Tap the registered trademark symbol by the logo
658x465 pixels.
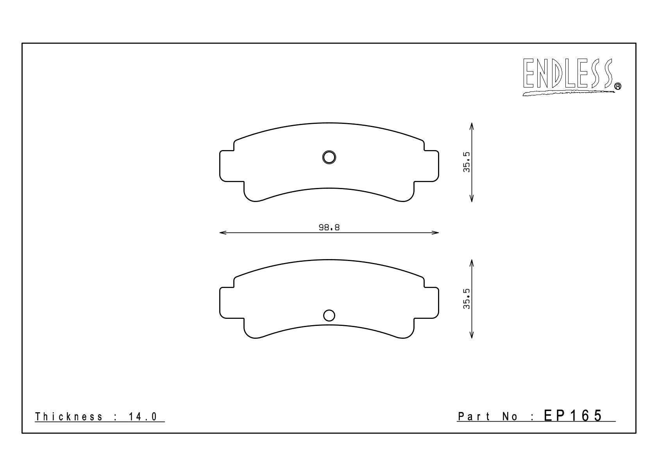tap(618, 86)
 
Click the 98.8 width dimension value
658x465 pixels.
tap(329, 227)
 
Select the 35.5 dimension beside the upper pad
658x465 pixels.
tap(467, 162)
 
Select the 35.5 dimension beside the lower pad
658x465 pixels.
tap(467, 299)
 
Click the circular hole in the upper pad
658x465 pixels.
tap(329, 157)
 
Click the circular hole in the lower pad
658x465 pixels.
tap(329, 315)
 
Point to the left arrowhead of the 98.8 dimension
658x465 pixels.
tap(223, 232)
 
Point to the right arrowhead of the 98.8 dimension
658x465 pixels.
tap(435, 232)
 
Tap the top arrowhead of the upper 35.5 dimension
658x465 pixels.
tap(472, 126)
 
